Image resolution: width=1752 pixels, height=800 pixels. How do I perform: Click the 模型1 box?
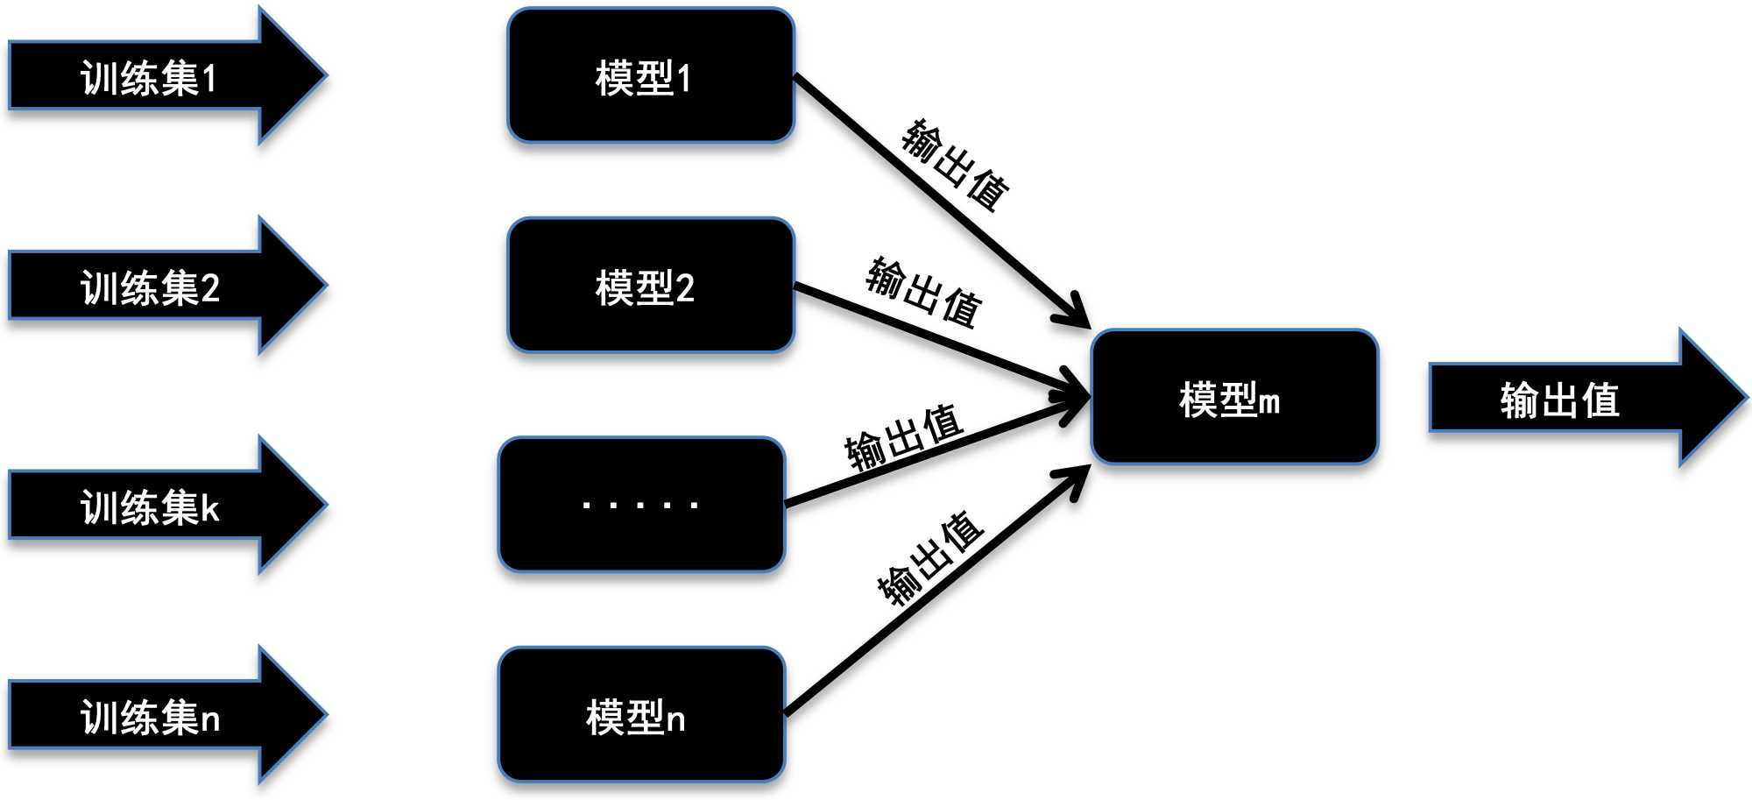650,75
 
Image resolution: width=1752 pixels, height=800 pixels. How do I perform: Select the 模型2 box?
650,286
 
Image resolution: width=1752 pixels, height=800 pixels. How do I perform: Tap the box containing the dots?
641,505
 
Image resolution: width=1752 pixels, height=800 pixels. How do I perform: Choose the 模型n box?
641,715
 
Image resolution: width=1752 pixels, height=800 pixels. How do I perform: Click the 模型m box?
1234,397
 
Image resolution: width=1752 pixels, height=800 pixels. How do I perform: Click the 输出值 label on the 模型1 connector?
955,165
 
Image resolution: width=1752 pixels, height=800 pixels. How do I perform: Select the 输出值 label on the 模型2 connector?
923,293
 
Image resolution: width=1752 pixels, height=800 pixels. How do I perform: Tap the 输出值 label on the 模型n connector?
930,559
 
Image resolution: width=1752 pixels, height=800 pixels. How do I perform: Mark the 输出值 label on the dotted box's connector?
904,436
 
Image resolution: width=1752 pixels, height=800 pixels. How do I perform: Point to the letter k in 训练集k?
209,508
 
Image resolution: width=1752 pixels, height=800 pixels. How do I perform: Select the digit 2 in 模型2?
685,288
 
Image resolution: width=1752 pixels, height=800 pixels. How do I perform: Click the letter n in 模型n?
675,719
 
